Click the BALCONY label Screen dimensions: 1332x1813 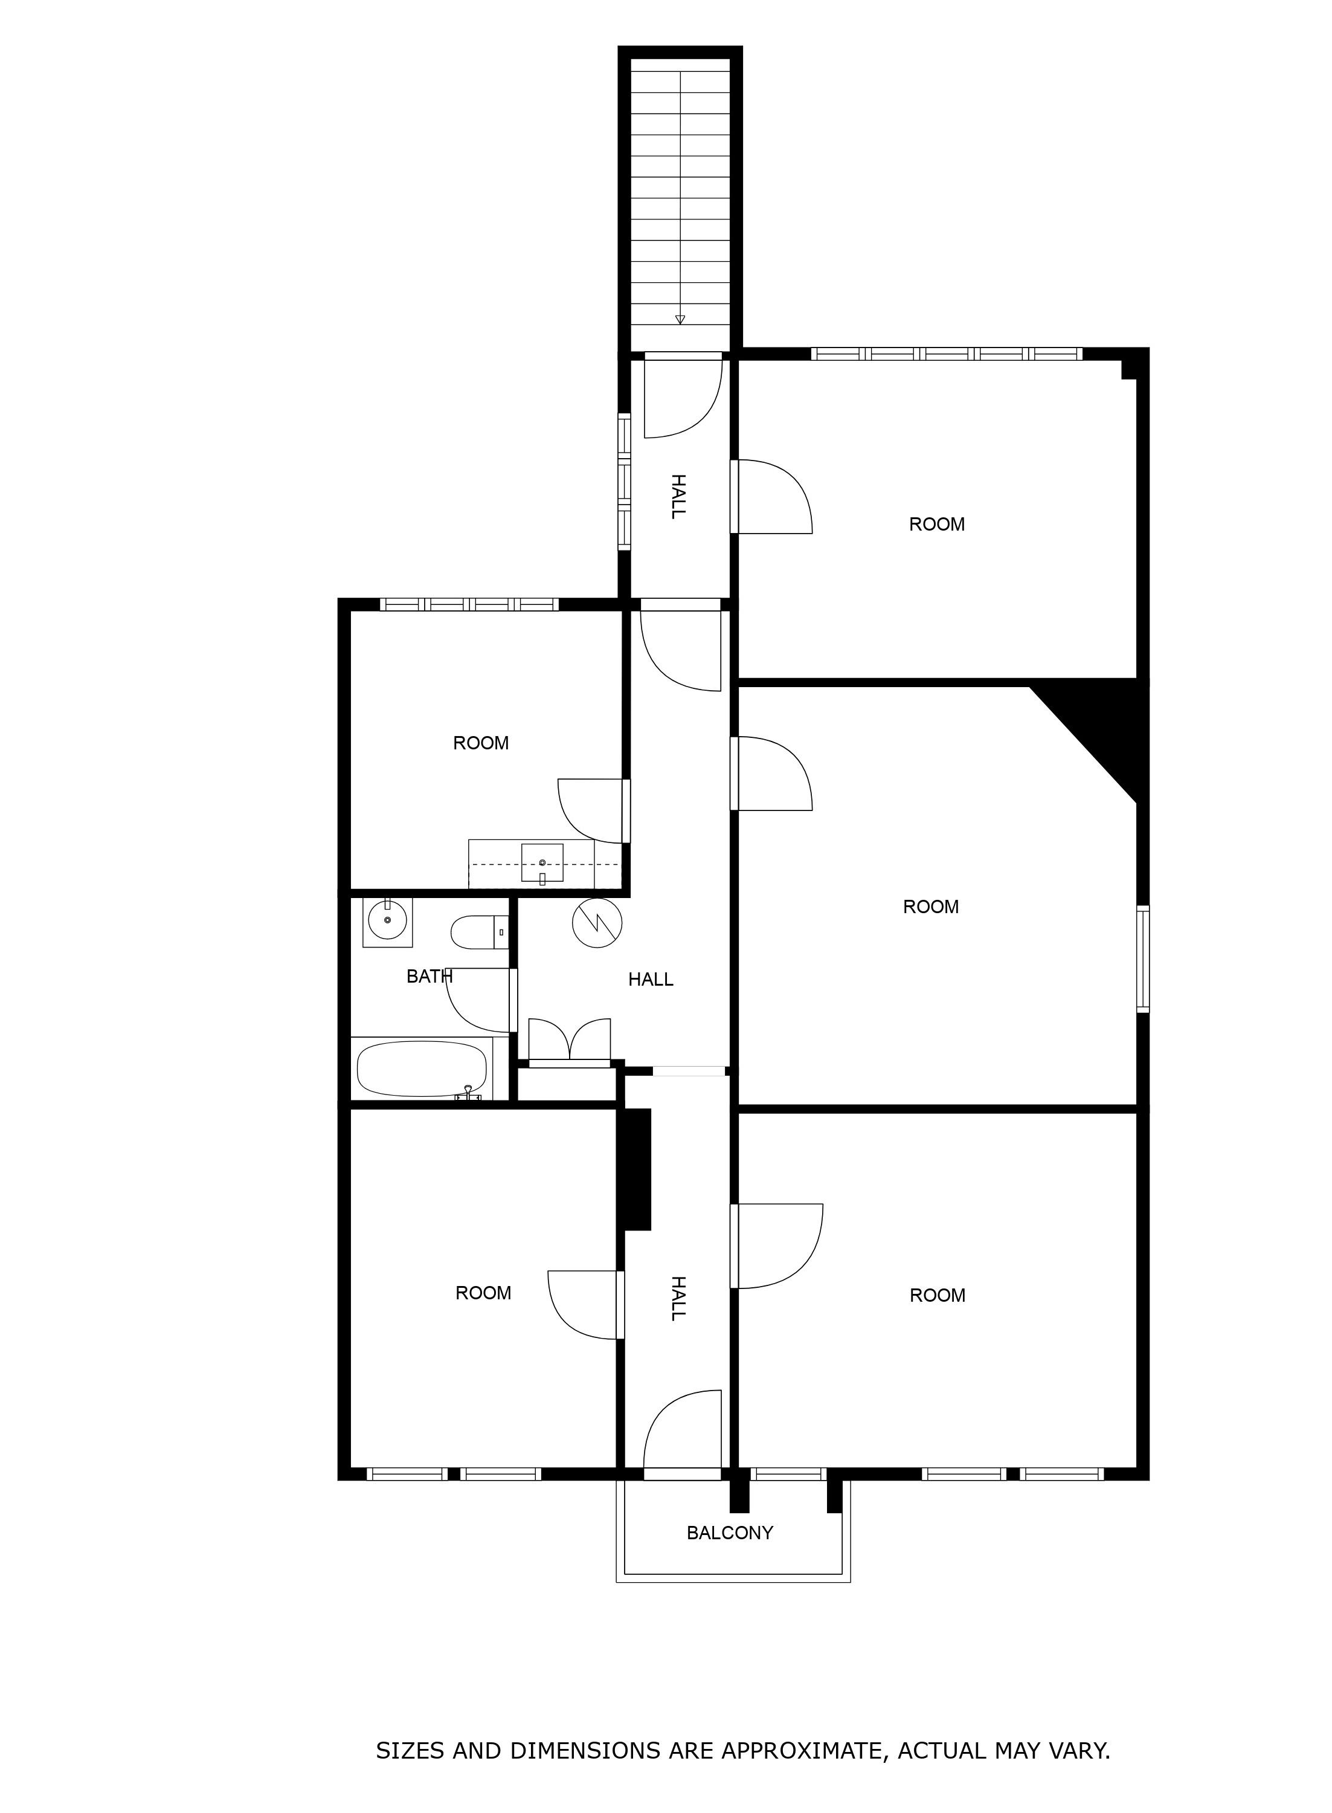730,1533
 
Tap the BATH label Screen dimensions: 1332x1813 430,976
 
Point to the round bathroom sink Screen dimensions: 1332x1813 388,920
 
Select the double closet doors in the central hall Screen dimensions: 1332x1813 569,1041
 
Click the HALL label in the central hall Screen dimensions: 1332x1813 651,979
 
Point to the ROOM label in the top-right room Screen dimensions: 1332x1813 937,524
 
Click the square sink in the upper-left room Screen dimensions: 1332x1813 542,864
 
